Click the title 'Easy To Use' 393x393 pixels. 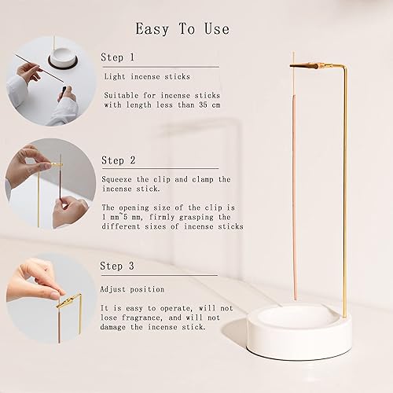(182, 29)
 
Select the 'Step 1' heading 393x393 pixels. (118, 57)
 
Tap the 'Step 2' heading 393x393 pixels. (118, 160)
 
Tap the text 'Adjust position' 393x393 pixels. (132, 288)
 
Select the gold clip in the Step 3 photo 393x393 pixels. (68, 301)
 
